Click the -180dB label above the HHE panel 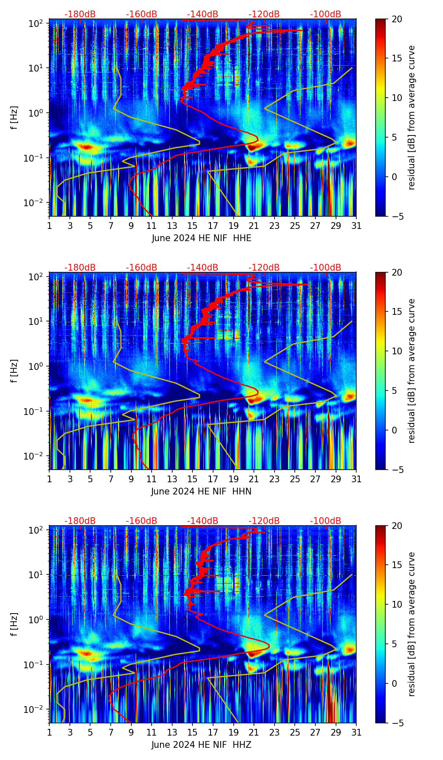tap(80, 14)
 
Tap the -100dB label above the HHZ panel tap(326, 521)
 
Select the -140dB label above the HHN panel tap(203, 268)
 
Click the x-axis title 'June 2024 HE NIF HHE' tap(201, 238)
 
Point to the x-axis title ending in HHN tap(201, 492)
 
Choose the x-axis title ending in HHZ tap(201, 745)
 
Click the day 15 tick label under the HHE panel tap(192, 226)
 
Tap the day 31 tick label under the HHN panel tap(356, 479)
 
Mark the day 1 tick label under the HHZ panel tap(49, 733)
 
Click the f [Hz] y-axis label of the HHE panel tap(14, 118)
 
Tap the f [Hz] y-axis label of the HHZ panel tap(14, 624)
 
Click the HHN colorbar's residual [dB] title tap(411, 371)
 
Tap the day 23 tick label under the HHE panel tap(275, 226)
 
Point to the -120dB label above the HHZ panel tap(264, 521)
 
